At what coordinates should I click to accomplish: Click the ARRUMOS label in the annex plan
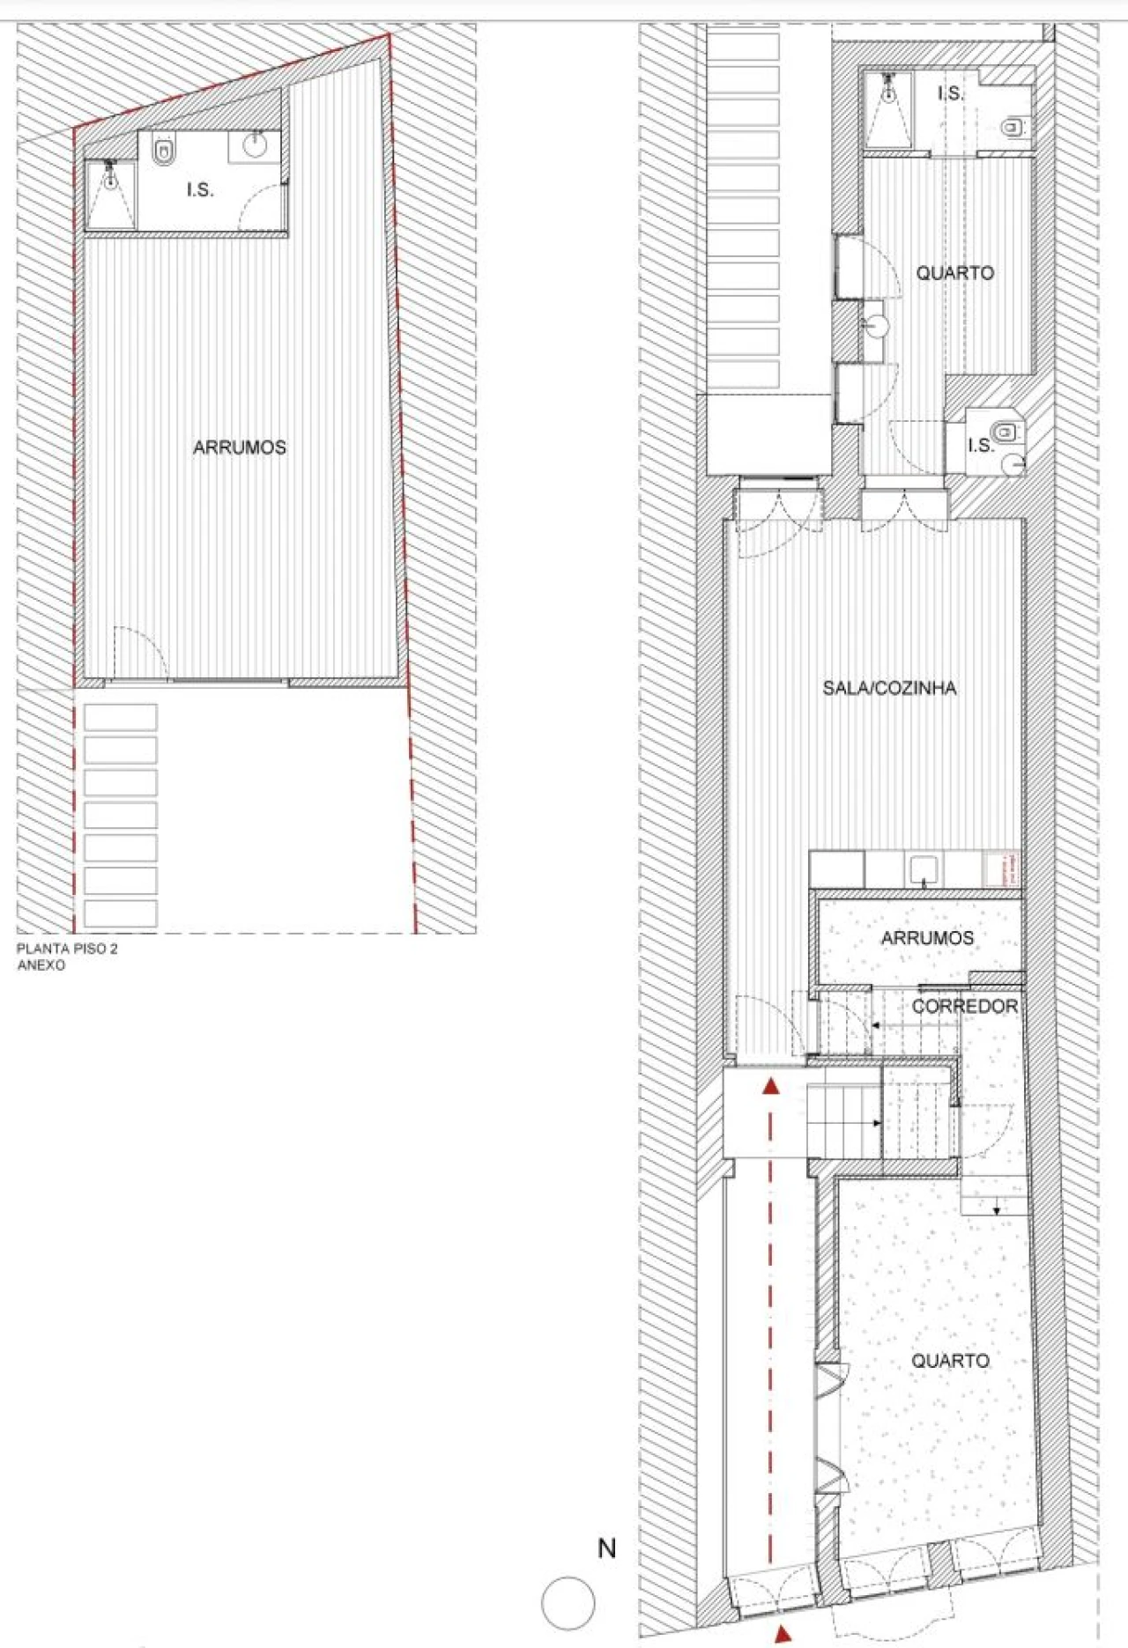(239, 447)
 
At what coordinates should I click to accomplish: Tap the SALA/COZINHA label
(889, 688)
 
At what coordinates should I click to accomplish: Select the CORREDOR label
(964, 1006)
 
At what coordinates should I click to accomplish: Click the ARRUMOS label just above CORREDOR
(927, 938)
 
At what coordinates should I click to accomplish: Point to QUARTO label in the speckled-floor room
(950, 1361)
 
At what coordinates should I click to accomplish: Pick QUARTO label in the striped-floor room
(954, 273)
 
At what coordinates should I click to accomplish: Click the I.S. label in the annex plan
(200, 189)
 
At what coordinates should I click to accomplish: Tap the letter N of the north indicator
(607, 1548)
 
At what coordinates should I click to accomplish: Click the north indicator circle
(568, 1603)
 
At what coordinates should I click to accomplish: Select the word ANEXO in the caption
(41, 965)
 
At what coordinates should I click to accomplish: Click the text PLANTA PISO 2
(67, 949)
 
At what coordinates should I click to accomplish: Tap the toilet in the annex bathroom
(164, 150)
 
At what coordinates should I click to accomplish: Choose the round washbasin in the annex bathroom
(256, 146)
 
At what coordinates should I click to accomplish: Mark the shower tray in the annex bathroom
(110, 195)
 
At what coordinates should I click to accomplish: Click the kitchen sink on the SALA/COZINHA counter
(924, 869)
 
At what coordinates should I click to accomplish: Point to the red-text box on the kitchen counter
(1002, 869)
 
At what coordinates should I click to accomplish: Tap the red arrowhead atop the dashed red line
(771, 1086)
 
